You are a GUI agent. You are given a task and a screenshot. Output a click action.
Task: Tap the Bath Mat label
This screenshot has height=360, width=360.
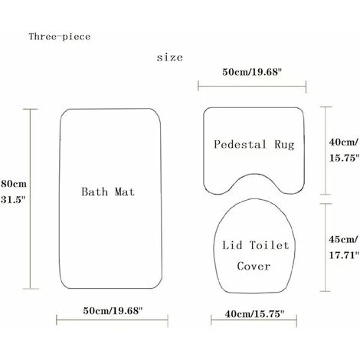point(108,191)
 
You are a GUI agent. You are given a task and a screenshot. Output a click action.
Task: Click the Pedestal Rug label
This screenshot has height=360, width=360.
point(254,143)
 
